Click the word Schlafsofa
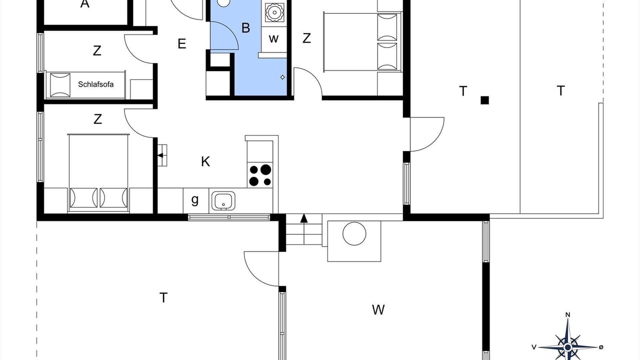95,84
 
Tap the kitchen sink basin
223,200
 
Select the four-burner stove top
260,175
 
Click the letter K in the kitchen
205,161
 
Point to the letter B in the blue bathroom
245,28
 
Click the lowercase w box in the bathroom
273,39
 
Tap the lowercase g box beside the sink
195,200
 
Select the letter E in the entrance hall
181,43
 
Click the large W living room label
378,309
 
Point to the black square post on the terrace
484,100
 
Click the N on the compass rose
567,315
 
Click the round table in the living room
354,233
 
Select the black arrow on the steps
304,218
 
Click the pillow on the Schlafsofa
60,85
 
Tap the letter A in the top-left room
85,3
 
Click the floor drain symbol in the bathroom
282,77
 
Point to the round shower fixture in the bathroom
274,12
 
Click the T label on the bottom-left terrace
163,297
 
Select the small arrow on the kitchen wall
160,155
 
